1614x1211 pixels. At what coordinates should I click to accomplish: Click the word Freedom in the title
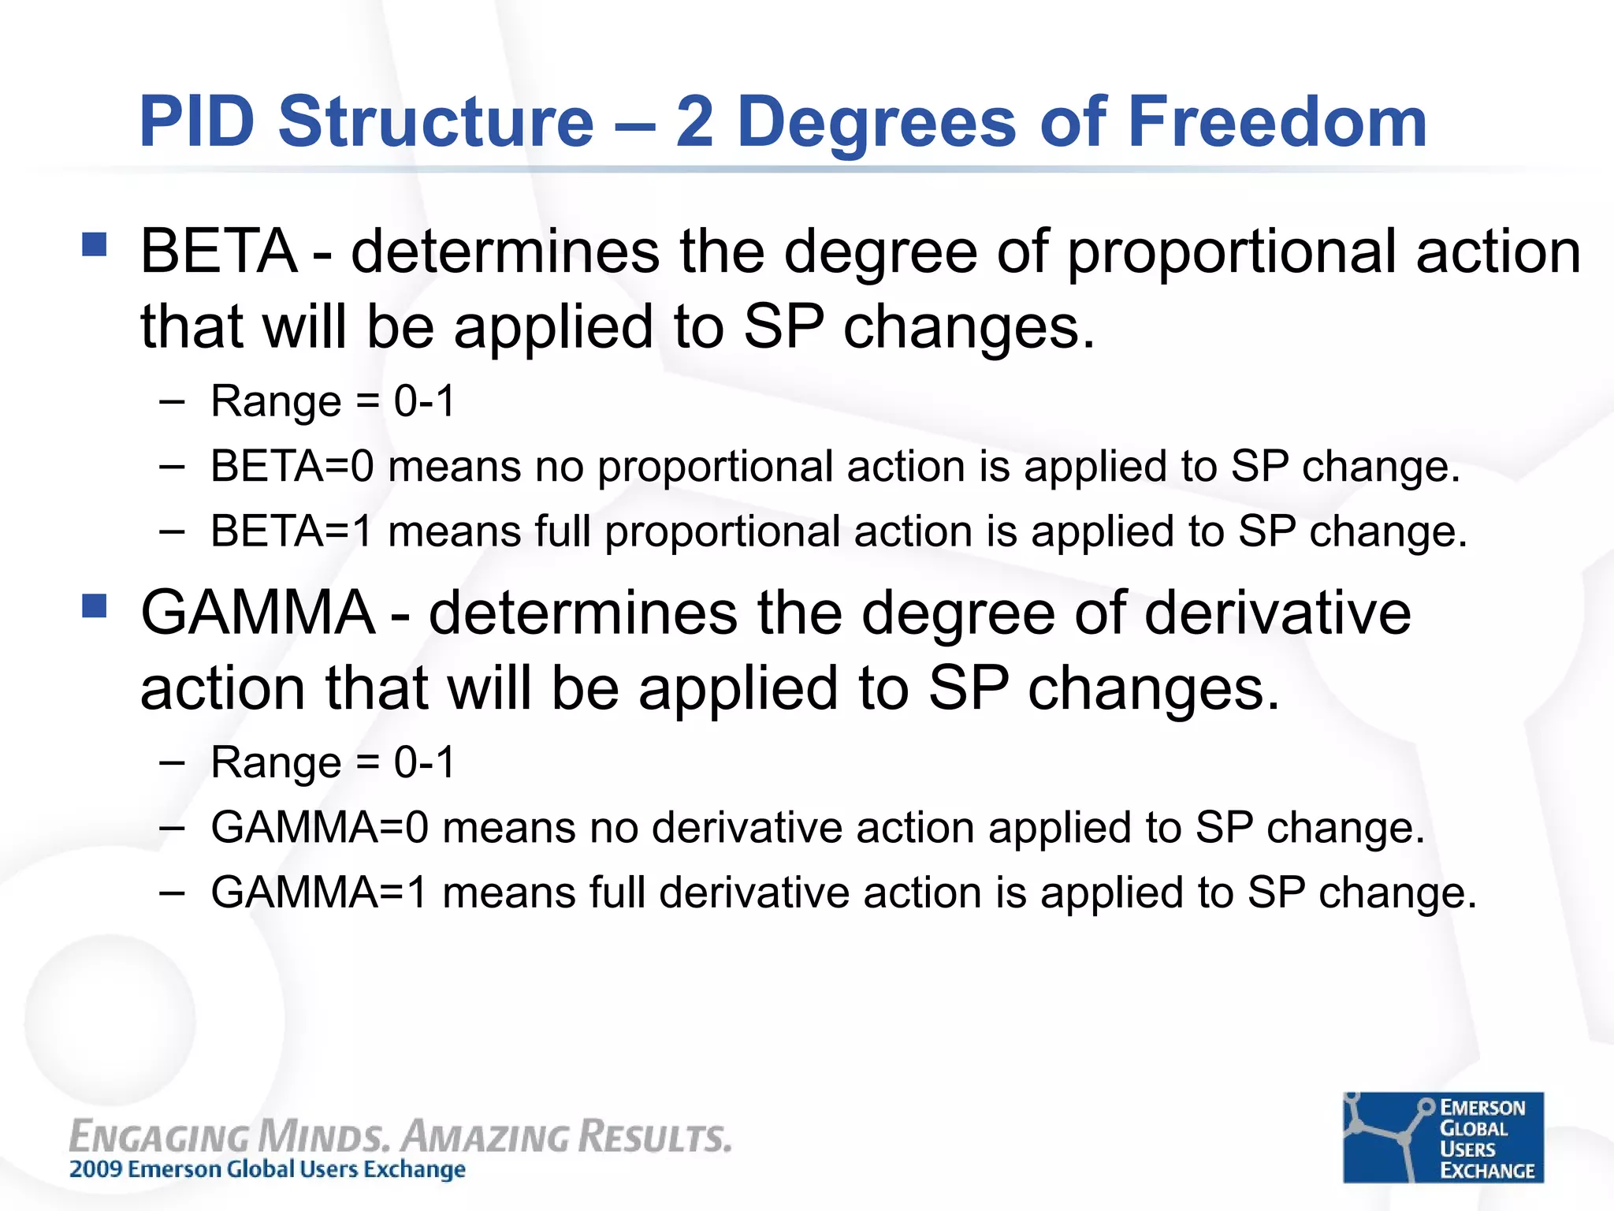pyautogui.click(x=1277, y=121)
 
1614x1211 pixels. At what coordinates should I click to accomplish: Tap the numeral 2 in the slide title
pyautogui.click(x=694, y=121)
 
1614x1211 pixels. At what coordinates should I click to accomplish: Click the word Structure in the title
pyautogui.click(x=436, y=121)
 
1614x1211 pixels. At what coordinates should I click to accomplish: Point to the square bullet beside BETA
pyautogui.click(x=94, y=244)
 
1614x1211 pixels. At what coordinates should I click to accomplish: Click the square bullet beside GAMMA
pyautogui.click(x=94, y=605)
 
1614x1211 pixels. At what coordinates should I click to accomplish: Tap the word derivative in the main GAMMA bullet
pyautogui.click(x=1277, y=613)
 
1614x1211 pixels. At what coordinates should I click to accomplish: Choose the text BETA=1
pyautogui.click(x=292, y=531)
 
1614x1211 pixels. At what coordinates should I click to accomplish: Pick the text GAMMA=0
pyautogui.click(x=319, y=828)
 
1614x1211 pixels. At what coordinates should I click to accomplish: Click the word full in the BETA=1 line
pyautogui.click(x=563, y=531)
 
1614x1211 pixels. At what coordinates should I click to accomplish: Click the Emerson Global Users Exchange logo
pyautogui.click(x=1443, y=1137)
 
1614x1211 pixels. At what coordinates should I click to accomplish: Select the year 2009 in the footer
pyautogui.click(x=96, y=1168)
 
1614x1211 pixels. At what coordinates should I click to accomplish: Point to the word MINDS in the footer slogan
pyautogui.click(x=323, y=1136)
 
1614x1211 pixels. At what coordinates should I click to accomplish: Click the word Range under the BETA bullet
pyautogui.click(x=276, y=402)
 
